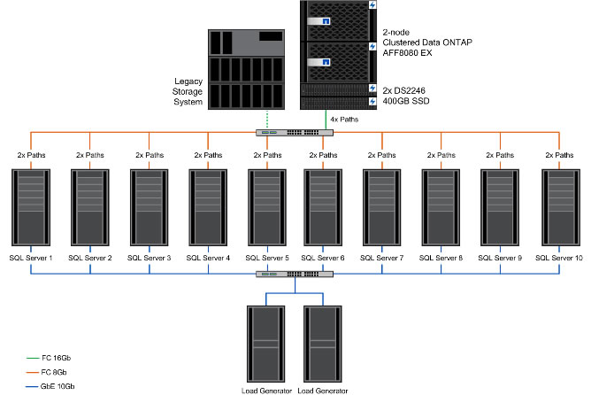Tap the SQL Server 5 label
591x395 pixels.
[x=266, y=258]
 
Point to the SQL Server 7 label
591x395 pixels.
[x=383, y=258]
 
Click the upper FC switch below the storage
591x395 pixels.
[x=295, y=133]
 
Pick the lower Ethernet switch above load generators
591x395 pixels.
[x=295, y=274]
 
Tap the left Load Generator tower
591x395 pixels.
[x=265, y=343]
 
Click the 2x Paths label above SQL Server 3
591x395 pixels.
[x=149, y=154]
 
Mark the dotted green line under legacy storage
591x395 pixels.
[x=267, y=120]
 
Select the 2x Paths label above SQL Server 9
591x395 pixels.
[x=499, y=154]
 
